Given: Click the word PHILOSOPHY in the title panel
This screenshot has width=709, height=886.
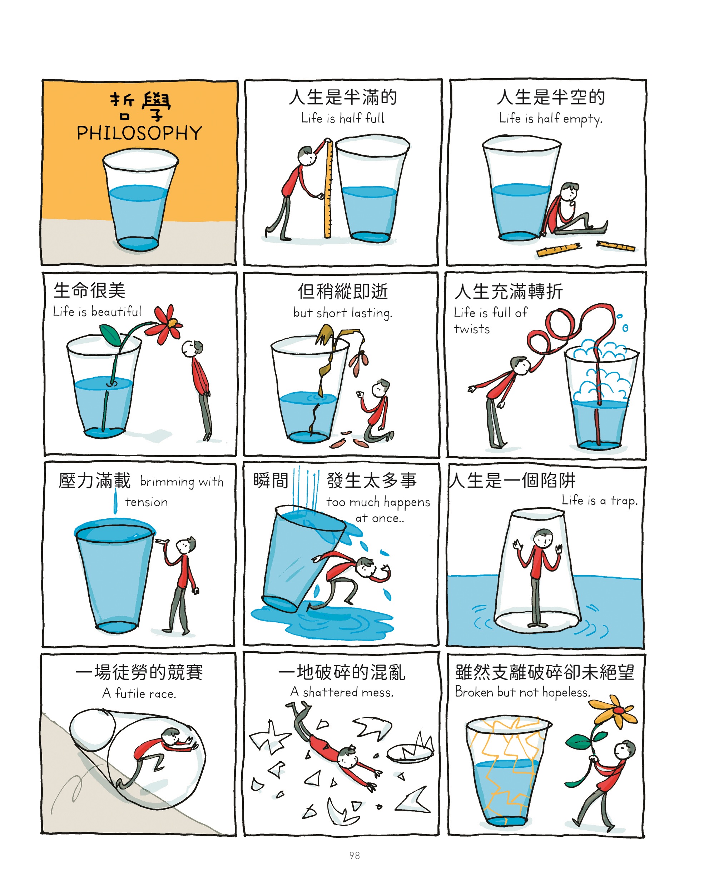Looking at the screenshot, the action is click(x=139, y=133).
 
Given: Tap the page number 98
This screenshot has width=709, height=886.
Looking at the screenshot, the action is click(x=354, y=856).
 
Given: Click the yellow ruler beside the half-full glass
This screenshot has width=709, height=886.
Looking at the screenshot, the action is click(x=328, y=189).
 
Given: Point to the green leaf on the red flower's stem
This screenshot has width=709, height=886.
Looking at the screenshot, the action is click(x=110, y=335).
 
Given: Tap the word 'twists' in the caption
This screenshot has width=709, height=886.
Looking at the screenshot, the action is click(x=472, y=329).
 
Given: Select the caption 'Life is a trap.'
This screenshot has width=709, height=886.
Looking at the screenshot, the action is click(x=600, y=500).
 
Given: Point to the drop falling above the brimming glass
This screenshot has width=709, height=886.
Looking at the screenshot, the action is click(x=115, y=503).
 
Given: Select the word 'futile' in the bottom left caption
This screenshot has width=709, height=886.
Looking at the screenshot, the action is click(x=131, y=693).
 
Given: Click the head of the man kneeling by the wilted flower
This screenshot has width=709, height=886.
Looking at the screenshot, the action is click(x=381, y=388).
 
